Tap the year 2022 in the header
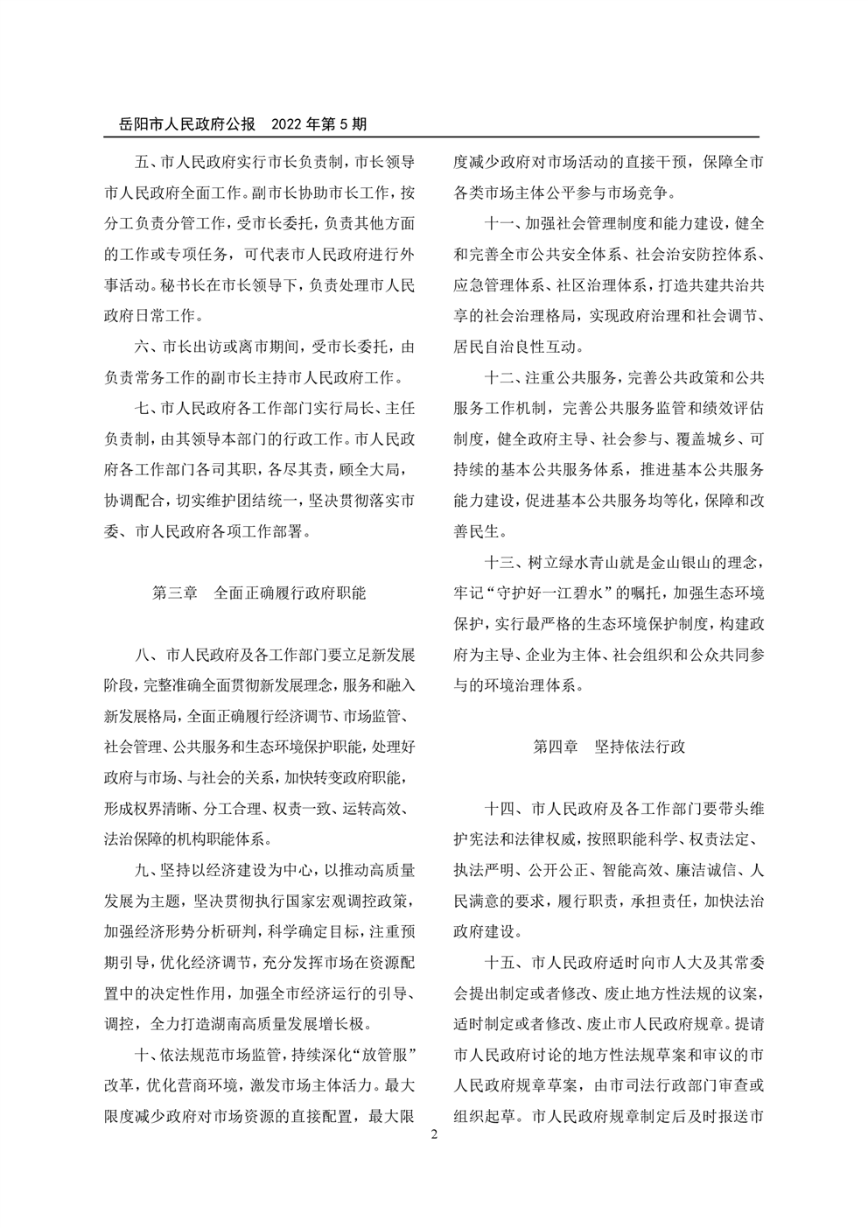click(289, 124)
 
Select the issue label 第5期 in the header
click(345, 124)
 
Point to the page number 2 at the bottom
click(434, 1133)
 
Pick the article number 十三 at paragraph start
click(499, 561)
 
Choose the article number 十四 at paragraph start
click(499, 808)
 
